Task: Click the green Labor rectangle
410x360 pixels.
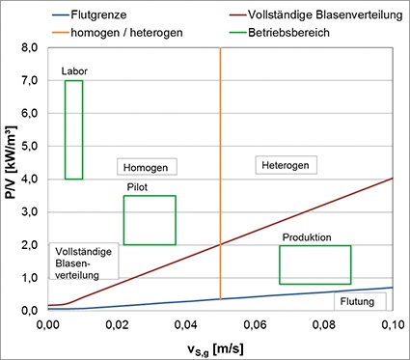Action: pos(73,129)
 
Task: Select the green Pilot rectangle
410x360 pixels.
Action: pos(150,220)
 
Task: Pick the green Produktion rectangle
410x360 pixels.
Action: pos(314,264)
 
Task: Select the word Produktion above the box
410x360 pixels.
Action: pos(307,237)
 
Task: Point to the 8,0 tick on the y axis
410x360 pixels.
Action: pos(28,47)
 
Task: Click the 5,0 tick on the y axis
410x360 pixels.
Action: pos(28,146)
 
